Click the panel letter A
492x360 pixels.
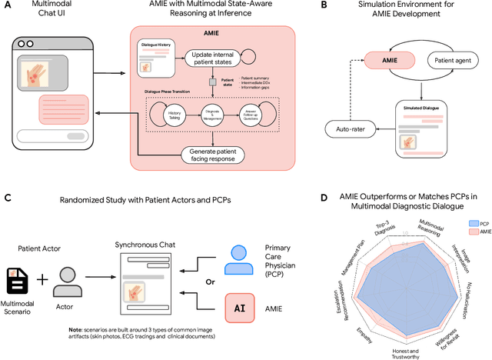click(7, 6)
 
